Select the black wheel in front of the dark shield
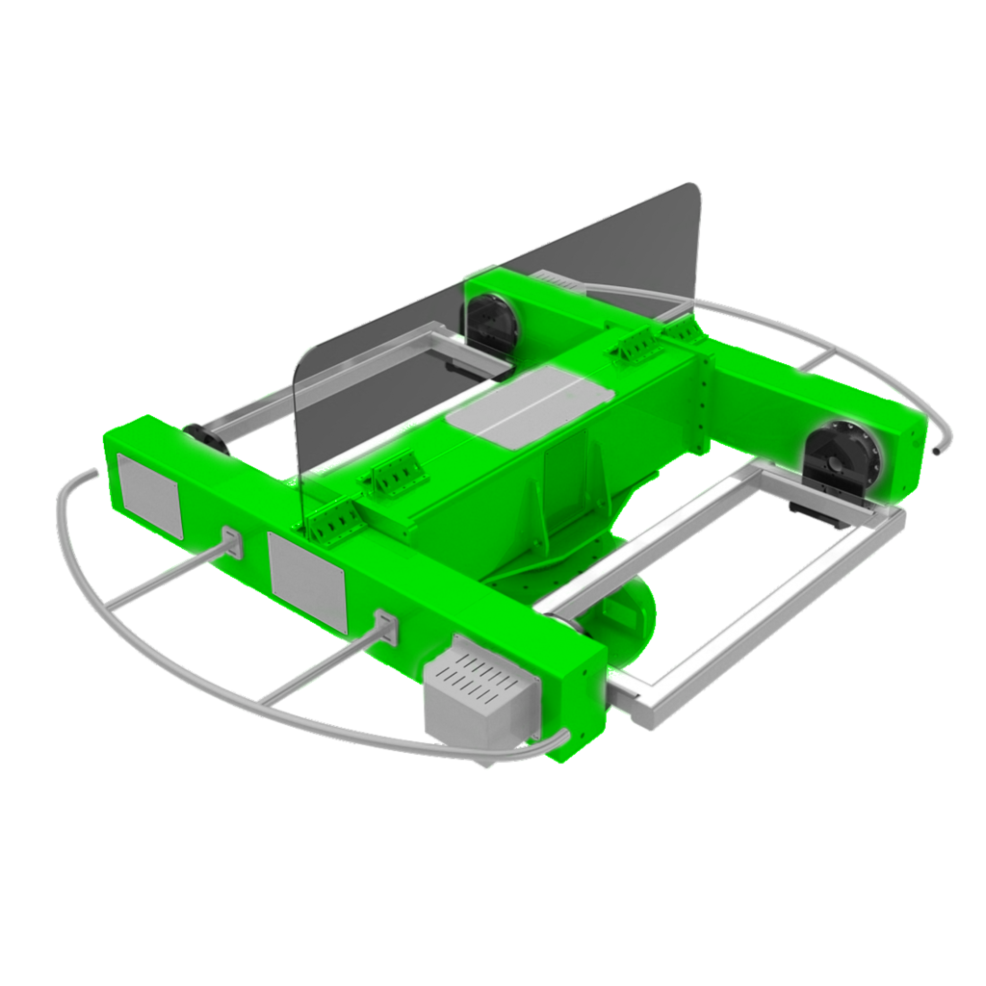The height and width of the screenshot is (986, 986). pos(492,324)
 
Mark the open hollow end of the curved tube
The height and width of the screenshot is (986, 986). pos(939,450)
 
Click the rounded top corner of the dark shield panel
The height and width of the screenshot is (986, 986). pos(686,192)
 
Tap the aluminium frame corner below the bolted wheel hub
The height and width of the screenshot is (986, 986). pos(891,520)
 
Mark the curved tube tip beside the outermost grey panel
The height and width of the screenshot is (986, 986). pos(89,474)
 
